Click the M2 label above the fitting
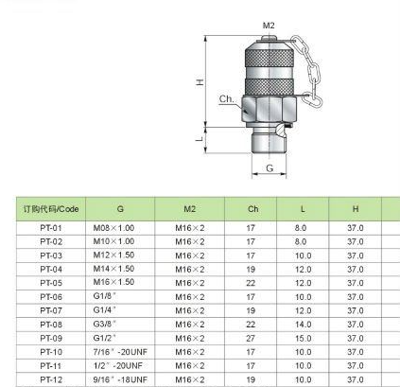tap(269, 26)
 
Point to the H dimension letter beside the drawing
tap(200, 82)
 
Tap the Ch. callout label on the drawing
tap(227, 99)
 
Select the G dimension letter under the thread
tap(270, 168)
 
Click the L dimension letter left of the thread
tap(200, 138)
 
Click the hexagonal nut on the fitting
tap(270, 109)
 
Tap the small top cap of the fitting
tap(269, 39)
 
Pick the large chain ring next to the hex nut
tap(312, 100)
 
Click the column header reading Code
tap(51, 209)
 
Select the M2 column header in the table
tap(190, 209)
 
